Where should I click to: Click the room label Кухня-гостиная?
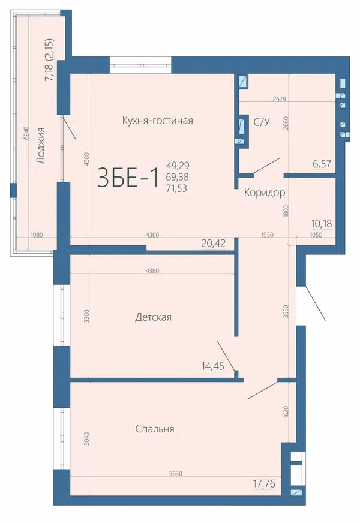click(157, 120)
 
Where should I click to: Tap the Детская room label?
click(153, 317)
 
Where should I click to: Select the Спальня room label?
click(155, 429)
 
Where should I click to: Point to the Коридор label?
click(265, 193)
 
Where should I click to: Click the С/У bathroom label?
click(262, 122)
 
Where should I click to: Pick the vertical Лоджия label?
click(41, 146)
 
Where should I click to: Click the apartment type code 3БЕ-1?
click(128, 178)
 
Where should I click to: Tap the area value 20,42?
click(214, 243)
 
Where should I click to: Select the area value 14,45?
click(213, 366)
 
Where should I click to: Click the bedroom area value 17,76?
click(264, 483)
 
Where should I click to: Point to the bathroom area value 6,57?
click(322, 164)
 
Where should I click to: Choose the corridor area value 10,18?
click(322, 223)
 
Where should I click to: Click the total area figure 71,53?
click(176, 188)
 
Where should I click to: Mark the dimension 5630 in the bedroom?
click(176, 474)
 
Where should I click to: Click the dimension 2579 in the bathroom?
click(279, 99)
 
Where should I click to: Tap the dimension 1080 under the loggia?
click(37, 235)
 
